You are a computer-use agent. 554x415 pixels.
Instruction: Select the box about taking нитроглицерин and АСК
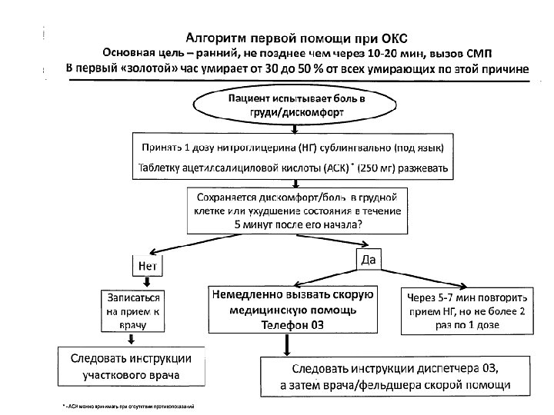[x=295, y=157]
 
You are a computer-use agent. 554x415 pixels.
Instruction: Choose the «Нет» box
[x=148, y=266]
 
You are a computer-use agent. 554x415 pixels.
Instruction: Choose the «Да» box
[x=369, y=260]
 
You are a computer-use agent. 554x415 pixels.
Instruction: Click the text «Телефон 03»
[x=292, y=325]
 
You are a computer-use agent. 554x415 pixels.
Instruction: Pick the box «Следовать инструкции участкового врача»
[x=132, y=367]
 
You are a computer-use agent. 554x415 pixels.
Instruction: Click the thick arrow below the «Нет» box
[x=147, y=282]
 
